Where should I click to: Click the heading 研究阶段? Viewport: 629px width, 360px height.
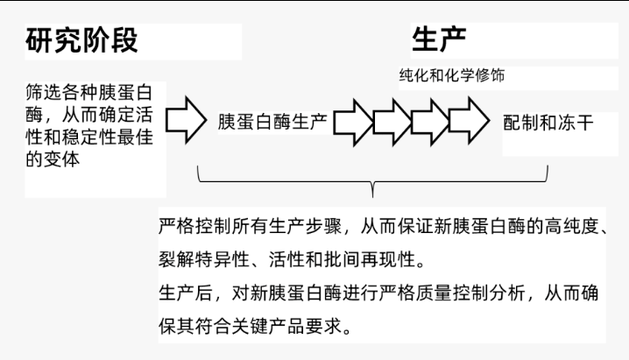pyautogui.click(x=81, y=40)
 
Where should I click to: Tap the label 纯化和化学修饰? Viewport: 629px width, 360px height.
pyautogui.click(x=452, y=75)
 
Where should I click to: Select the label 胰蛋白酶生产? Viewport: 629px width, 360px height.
pyautogui.click(x=272, y=122)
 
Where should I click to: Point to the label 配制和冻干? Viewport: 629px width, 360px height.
pyautogui.click(x=548, y=123)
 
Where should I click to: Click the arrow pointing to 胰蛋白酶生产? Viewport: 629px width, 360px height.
pyautogui.click(x=186, y=120)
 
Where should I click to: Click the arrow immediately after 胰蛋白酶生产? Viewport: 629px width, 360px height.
pyautogui.click(x=353, y=123)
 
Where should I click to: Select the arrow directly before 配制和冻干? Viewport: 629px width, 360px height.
pyautogui.click(x=469, y=120)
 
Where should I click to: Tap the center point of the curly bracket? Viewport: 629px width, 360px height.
pyautogui.click(x=372, y=189)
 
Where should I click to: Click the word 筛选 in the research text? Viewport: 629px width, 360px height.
pyautogui.click(x=44, y=93)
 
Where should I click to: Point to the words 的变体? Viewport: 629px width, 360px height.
pyautogui.click(x=53, y=159)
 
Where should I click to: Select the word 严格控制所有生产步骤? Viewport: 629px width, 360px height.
pyautogui.click(x=251, y=226)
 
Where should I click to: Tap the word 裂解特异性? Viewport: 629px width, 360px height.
pyautogui.click(x=204, y=259)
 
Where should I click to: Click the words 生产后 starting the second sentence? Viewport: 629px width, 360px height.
pyautogui.click(x=186, y=293)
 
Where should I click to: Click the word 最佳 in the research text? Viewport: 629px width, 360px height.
pyautogui.click(x=135, y=138)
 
